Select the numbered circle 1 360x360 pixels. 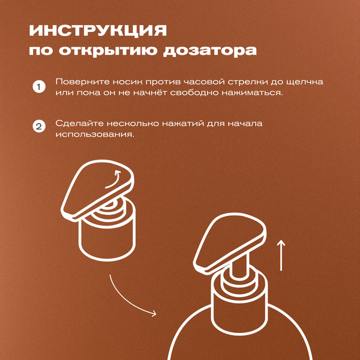coord(38,88)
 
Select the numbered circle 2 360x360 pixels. coord(38,128)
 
